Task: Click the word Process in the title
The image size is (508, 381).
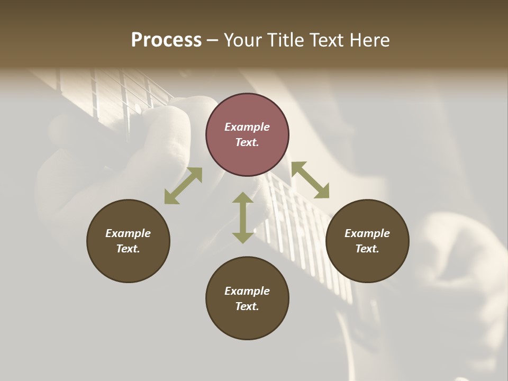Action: (166, 40)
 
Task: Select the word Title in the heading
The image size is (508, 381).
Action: (285, 40)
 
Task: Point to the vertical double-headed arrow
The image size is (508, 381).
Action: (243, 217)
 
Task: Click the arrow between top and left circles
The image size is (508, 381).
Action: (183, 186)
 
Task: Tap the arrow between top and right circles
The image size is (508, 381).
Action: (310, 180)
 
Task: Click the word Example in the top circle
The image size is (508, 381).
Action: (247, 127)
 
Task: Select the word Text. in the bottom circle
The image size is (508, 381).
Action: (247, 306)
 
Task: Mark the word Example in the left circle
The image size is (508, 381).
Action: (128, 233)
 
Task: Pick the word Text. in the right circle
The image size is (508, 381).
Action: (367, 249)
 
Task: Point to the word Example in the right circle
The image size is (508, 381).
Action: (367, 233)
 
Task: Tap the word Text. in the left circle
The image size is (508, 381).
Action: (128, 249)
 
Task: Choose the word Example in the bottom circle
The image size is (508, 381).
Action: (247, 291)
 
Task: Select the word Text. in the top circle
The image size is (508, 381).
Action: (247, 142)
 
